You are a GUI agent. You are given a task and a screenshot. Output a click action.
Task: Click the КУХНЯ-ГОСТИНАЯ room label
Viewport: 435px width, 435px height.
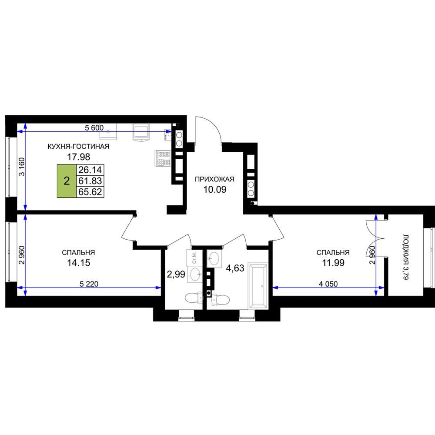[x=78, y=147]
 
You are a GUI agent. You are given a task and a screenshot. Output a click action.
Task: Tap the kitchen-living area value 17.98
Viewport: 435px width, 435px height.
[x=78, y=157]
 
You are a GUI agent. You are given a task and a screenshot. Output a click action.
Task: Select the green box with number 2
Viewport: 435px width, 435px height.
[x=67, y=181]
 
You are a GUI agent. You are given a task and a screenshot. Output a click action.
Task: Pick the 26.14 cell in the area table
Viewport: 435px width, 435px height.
[x=90, y=170]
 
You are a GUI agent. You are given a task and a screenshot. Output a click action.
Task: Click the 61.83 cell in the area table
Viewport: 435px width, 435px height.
[x=90, y=181]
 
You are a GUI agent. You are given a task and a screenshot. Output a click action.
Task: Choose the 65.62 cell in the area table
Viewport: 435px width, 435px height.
[x=90, y=192]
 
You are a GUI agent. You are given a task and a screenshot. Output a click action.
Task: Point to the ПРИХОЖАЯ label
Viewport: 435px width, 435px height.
[x=214, y=179]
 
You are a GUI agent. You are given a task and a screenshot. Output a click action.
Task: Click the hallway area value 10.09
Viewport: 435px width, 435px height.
[x=215, y=190]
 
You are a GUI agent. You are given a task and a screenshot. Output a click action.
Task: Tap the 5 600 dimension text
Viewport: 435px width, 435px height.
[x=94, y=128]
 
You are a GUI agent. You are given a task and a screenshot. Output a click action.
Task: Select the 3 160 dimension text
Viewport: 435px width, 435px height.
[x=22, y=167]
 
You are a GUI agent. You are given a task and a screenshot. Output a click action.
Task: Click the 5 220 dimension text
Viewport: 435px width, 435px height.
[x=89, y=284]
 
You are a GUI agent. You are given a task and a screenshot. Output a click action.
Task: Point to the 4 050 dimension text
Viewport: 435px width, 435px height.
[x=328, y=284]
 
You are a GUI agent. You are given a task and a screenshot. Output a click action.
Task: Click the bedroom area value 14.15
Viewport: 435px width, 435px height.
[x=78, y=263]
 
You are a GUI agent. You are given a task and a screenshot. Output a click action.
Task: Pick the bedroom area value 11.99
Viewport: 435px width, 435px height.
[x=333, y=263]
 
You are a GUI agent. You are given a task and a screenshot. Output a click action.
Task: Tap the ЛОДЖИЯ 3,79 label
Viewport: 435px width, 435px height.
[x=405, y=257]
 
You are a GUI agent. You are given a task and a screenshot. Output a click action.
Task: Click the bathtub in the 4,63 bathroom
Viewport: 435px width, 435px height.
[x=258, y=286]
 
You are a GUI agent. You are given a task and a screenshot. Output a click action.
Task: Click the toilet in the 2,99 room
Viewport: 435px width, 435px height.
[x=194, y=298]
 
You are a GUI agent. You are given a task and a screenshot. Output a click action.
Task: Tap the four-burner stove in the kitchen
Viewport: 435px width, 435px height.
[x=163, y=158]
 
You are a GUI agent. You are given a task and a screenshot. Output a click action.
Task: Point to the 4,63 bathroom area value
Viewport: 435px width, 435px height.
[x=235, y=268]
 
